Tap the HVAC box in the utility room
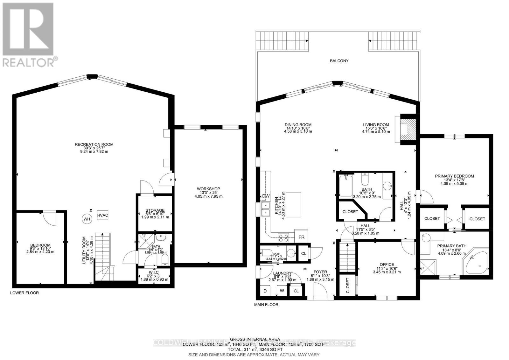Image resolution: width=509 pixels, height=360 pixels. click(x=103, y=215)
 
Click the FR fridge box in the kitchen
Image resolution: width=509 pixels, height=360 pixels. click(x=301, y=237)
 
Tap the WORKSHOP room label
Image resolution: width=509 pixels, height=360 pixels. click(x=208, y=189)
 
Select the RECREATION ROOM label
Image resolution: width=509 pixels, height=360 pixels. click(x=94, y=145)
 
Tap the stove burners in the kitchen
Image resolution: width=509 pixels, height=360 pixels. click(x=283, y=236)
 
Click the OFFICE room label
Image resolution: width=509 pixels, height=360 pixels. click(x=387, y=265)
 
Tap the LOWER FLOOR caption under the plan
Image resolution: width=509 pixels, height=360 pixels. click(x=24, y=293)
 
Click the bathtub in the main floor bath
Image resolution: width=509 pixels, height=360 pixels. click(x=345, y=186)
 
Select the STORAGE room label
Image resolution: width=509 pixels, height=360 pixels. click(x=155, y=210)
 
